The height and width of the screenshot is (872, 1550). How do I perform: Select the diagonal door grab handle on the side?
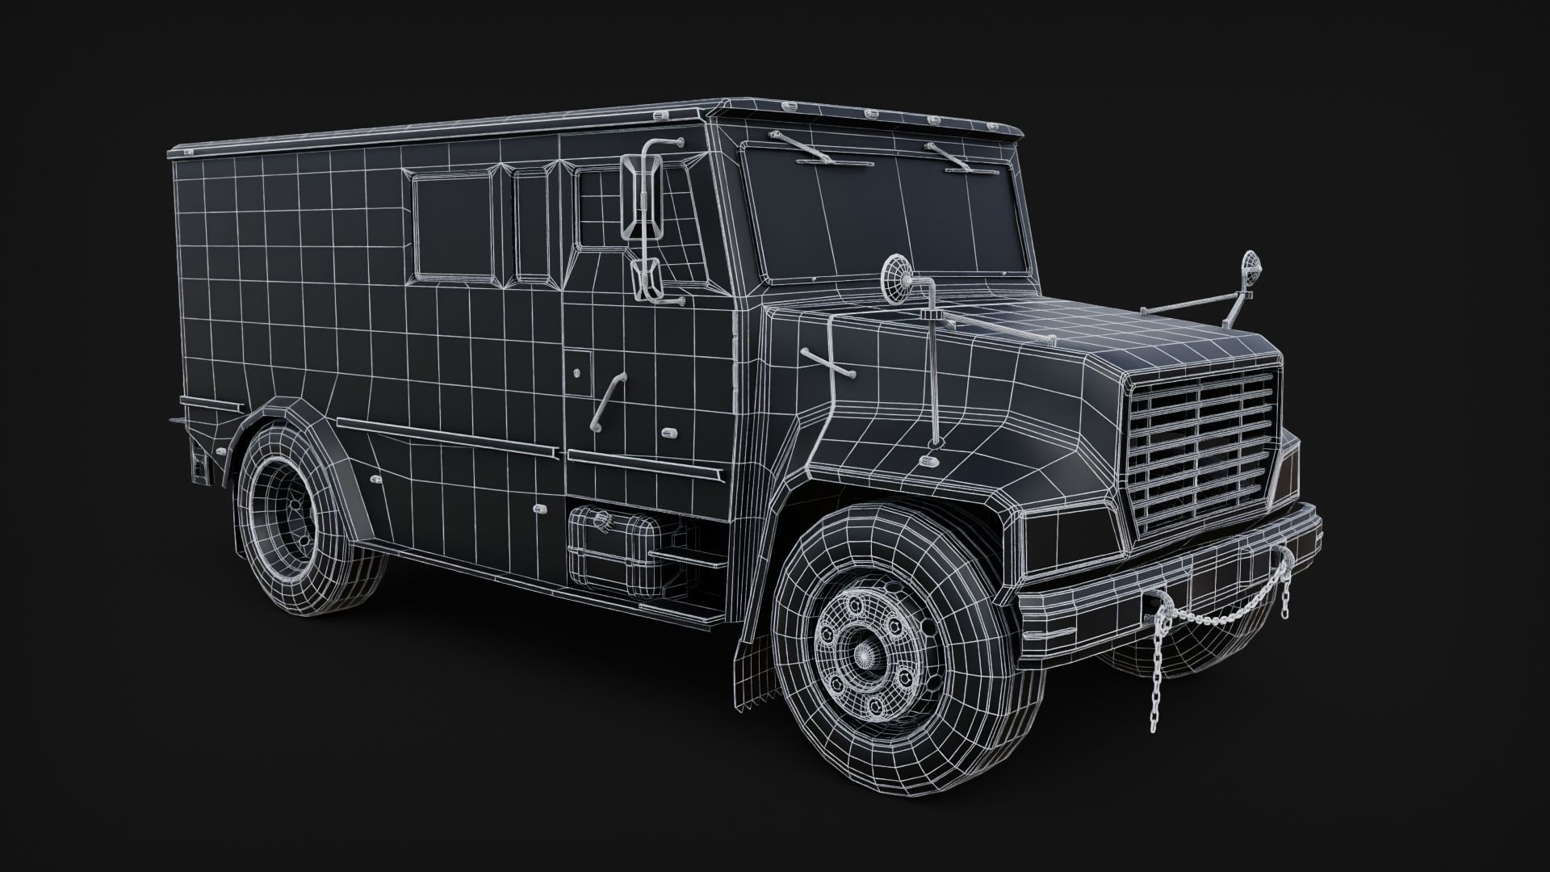point(608,401)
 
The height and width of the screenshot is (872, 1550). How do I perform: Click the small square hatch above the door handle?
point(577,367)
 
